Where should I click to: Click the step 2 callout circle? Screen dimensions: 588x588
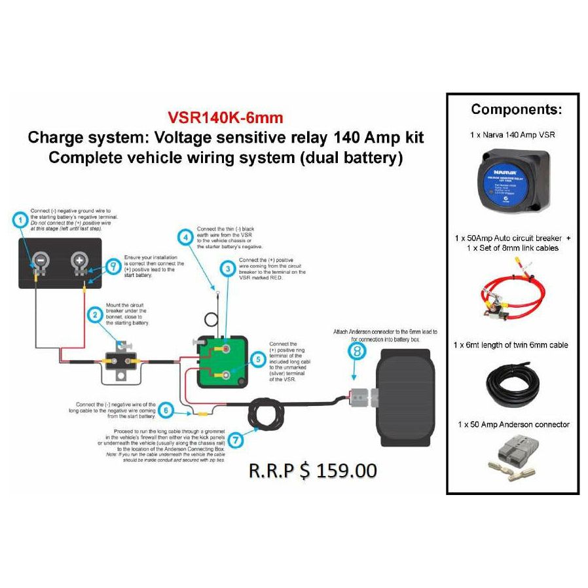tap(96, 315)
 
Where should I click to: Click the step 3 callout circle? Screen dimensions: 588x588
tap(227, 269)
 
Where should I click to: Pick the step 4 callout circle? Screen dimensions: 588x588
tap(187, 238)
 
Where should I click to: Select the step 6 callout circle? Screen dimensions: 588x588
tap(167, 411)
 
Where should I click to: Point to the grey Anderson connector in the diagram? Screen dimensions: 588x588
tap(361, 396)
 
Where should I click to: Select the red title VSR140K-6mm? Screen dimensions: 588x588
tap(225, 118)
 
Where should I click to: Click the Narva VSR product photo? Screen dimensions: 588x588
tap(513, 180)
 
